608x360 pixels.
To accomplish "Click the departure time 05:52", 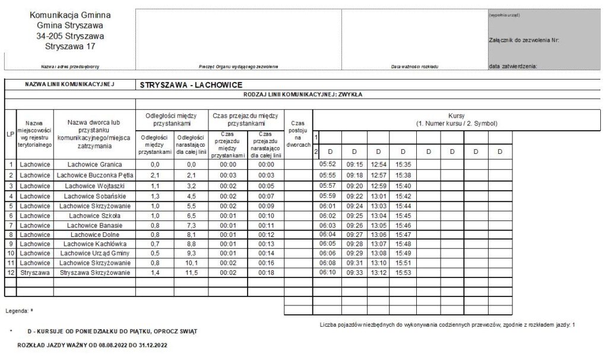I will click(328, 165).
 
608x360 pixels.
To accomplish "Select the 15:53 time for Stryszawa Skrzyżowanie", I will click(403, 272).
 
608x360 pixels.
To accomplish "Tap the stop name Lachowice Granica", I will click(94, 165).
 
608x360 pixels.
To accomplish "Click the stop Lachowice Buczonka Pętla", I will click(94, 175).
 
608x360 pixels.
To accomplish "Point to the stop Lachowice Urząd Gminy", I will click(94, 253).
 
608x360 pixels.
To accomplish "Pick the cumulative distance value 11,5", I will click(191, 272).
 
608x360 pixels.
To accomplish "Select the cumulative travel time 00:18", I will click(267, 272).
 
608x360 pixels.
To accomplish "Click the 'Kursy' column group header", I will click(457, 119).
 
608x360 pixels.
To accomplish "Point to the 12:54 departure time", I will click(378, 165).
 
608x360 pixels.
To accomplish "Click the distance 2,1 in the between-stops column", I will click(154, 175).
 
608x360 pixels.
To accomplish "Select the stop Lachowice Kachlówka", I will click(94, 243).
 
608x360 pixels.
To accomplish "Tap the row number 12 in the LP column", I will click(11, 272).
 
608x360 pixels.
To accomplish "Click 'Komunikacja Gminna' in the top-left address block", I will click(69, 15).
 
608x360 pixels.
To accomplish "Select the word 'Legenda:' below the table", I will click(17, 311).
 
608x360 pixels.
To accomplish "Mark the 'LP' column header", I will click(11, 134).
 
